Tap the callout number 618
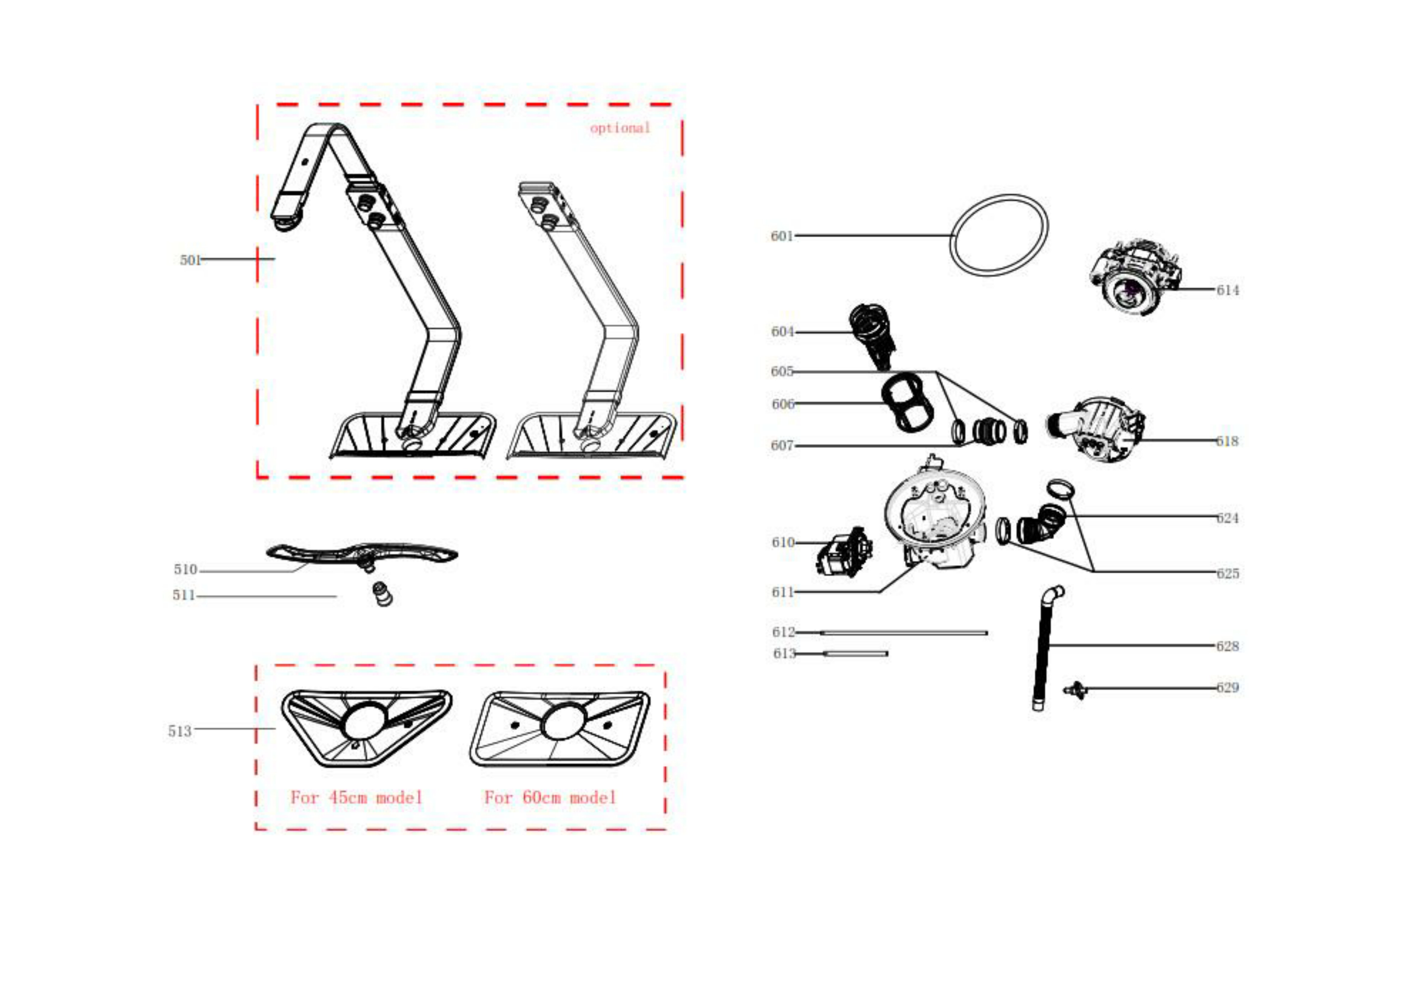coord(1227,441)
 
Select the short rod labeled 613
coord(855,654)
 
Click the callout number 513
coord(179,731)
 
